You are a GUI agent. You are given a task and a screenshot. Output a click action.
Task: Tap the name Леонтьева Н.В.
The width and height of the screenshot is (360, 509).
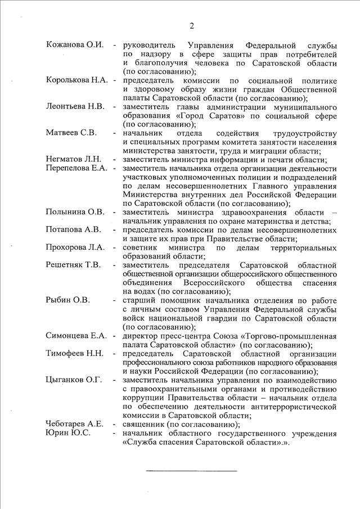click(75, 106)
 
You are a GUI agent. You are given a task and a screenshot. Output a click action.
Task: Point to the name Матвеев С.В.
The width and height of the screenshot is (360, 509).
click(71, 133)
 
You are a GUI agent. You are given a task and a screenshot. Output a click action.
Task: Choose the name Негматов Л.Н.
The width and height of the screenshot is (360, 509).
click(74, 159)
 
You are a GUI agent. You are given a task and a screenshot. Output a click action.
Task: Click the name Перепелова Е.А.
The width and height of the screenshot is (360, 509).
click(76, 168)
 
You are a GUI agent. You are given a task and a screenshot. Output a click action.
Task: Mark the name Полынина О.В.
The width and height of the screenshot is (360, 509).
click(75, 212)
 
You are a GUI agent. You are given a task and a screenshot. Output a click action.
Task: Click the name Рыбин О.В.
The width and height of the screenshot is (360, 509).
click(67, 300)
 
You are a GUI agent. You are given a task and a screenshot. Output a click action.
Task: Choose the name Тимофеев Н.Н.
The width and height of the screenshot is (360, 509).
click(75, 353)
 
